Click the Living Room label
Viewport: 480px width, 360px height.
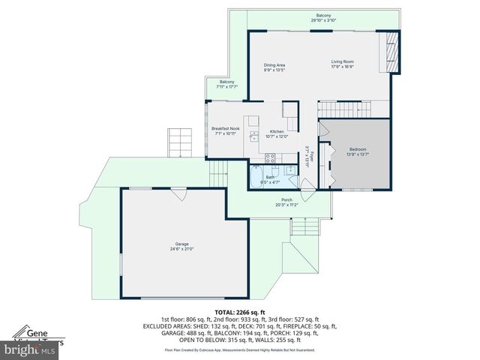click(343, 61)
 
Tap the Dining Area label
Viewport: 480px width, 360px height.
click(274, 65)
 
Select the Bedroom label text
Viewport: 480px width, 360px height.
click(358, 149)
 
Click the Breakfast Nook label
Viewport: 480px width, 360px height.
click(225, 129)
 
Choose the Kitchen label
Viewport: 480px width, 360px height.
click(277, 132)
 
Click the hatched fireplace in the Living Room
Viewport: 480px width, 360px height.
click(389, 52)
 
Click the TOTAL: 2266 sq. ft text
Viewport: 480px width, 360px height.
click(239, 312)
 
